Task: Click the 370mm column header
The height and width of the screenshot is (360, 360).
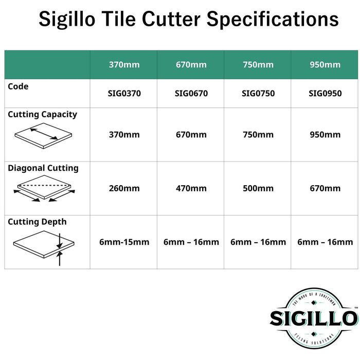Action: [x=124, y=65]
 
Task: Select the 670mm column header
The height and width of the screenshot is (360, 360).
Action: [x=191, y=65]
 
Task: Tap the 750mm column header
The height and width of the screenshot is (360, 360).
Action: [x=258, y=65]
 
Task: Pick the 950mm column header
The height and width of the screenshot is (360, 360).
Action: [x=325, y=65]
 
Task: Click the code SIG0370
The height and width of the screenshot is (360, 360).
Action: [x=124, y=94]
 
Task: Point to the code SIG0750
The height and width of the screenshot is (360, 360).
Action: [x=258, y=94]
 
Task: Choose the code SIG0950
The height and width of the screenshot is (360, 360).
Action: [x=325, y=94]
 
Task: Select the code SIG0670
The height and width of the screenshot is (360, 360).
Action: [x=191, y=94]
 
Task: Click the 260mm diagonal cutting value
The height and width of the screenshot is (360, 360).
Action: [x=124, y=188]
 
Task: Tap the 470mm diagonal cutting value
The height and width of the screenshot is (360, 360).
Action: [x=191, y=188]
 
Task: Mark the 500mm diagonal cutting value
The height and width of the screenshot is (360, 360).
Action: [x=258, y=188]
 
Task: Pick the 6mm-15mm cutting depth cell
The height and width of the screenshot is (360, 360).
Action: [x=124, y=242]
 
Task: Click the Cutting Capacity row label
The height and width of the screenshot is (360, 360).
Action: [x=42, y=114]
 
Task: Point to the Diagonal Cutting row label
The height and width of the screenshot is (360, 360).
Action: [x=43, y=168]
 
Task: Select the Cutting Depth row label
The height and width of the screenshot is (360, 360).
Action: [x=37, y=222]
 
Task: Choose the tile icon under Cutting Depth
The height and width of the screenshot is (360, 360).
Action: [x=43, y=246]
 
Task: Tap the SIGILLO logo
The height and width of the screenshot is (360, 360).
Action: [x=314, y=317]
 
